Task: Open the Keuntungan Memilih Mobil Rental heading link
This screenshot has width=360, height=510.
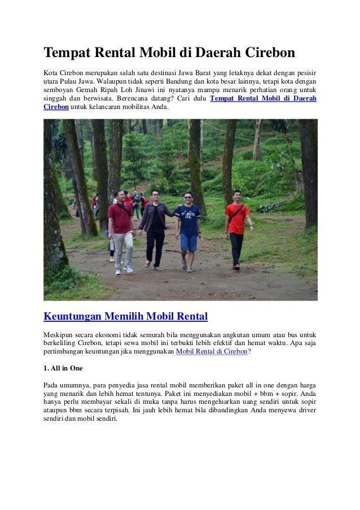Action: (x=126, y=315)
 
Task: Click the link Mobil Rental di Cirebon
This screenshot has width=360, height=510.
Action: (x=212, y=351)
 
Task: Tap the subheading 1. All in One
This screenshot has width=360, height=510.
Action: (x=63, y=368)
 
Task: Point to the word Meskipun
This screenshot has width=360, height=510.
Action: (x=59, y=334)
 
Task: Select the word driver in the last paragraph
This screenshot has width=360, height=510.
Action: (x=304, y=411)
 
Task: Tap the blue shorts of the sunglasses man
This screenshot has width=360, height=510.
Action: (x=187, y=242)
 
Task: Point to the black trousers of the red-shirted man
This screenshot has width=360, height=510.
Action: (x=236, y=247)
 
